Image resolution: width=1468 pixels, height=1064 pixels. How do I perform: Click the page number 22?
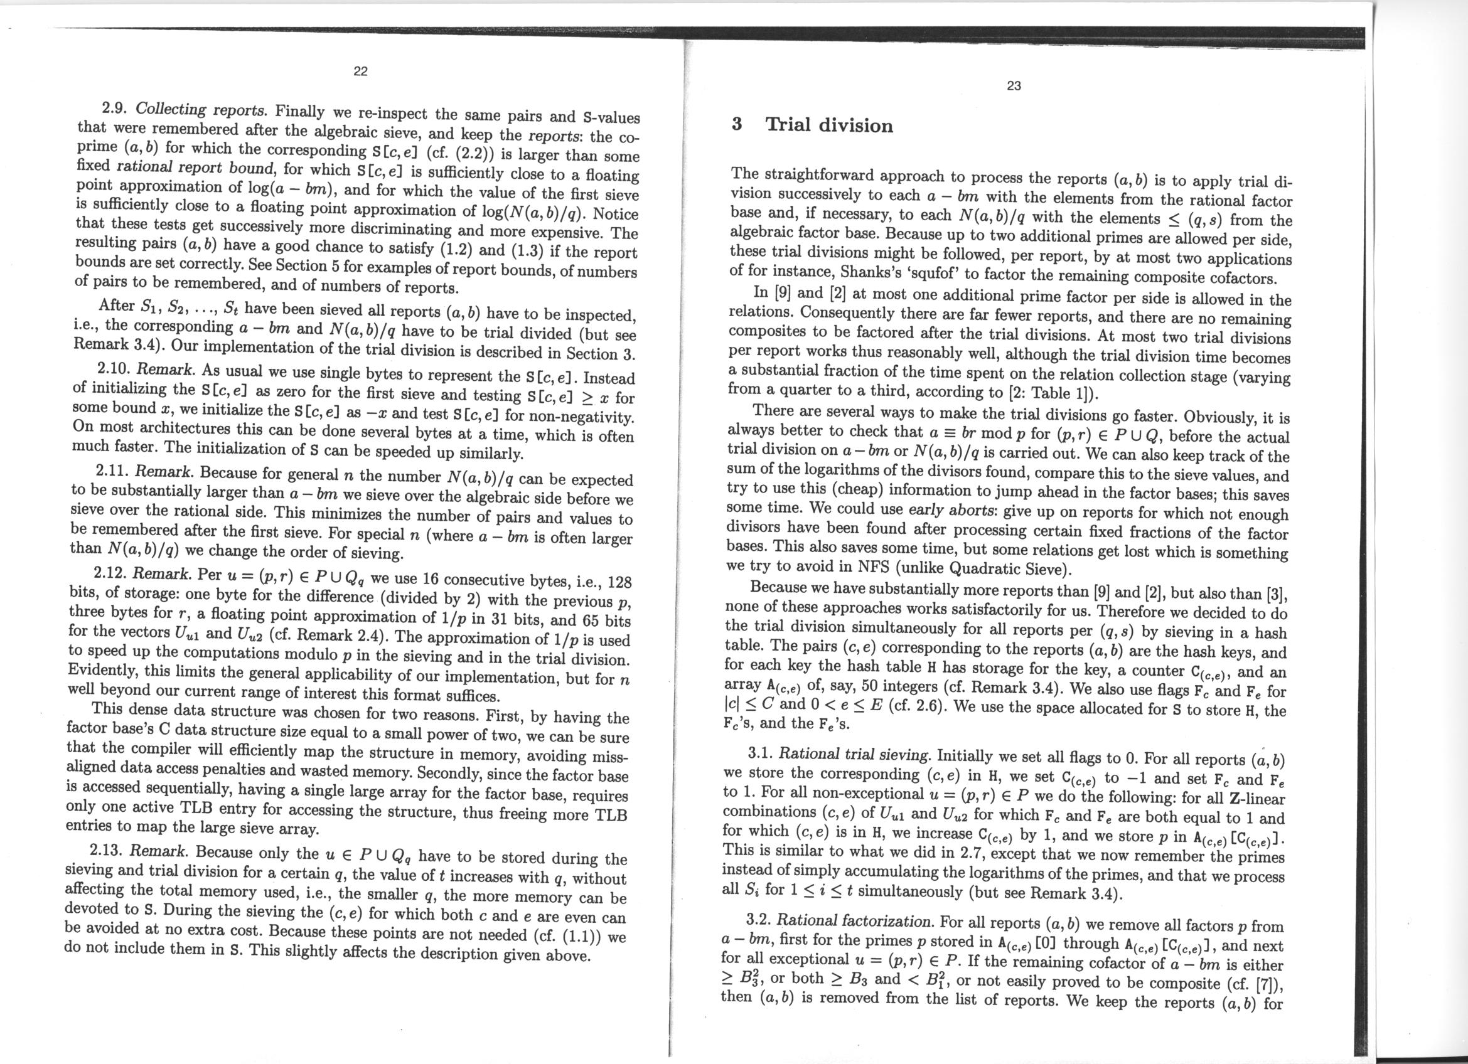(x=360, y=71)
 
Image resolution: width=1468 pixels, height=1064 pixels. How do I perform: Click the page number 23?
(x=1014, y=86)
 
